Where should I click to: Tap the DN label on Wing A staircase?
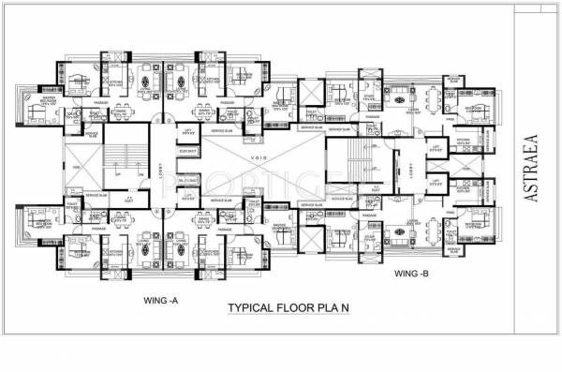point(140,174)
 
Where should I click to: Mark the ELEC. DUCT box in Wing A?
point(187,179)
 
